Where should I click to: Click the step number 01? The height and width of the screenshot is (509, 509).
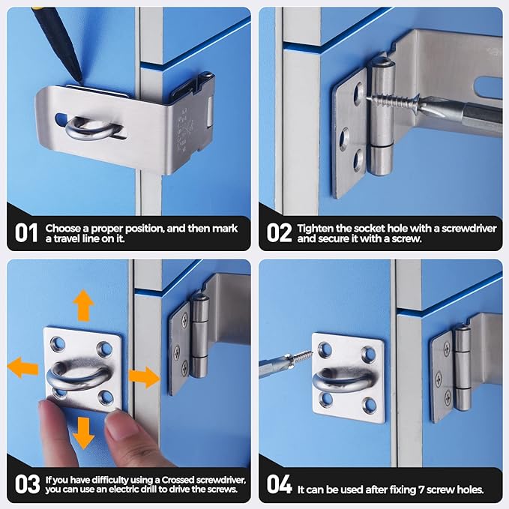27,232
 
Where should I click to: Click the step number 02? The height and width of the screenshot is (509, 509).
279,232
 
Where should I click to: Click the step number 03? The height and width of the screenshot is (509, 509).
27,484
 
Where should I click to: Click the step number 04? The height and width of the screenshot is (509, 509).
279,484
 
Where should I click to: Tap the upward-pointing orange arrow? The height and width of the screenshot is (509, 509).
83,305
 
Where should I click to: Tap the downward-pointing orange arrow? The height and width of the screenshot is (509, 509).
83,433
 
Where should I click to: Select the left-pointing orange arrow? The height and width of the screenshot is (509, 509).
23,367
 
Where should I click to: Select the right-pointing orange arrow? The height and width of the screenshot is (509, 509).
143,377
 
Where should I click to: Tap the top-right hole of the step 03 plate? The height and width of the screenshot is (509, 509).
107,347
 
